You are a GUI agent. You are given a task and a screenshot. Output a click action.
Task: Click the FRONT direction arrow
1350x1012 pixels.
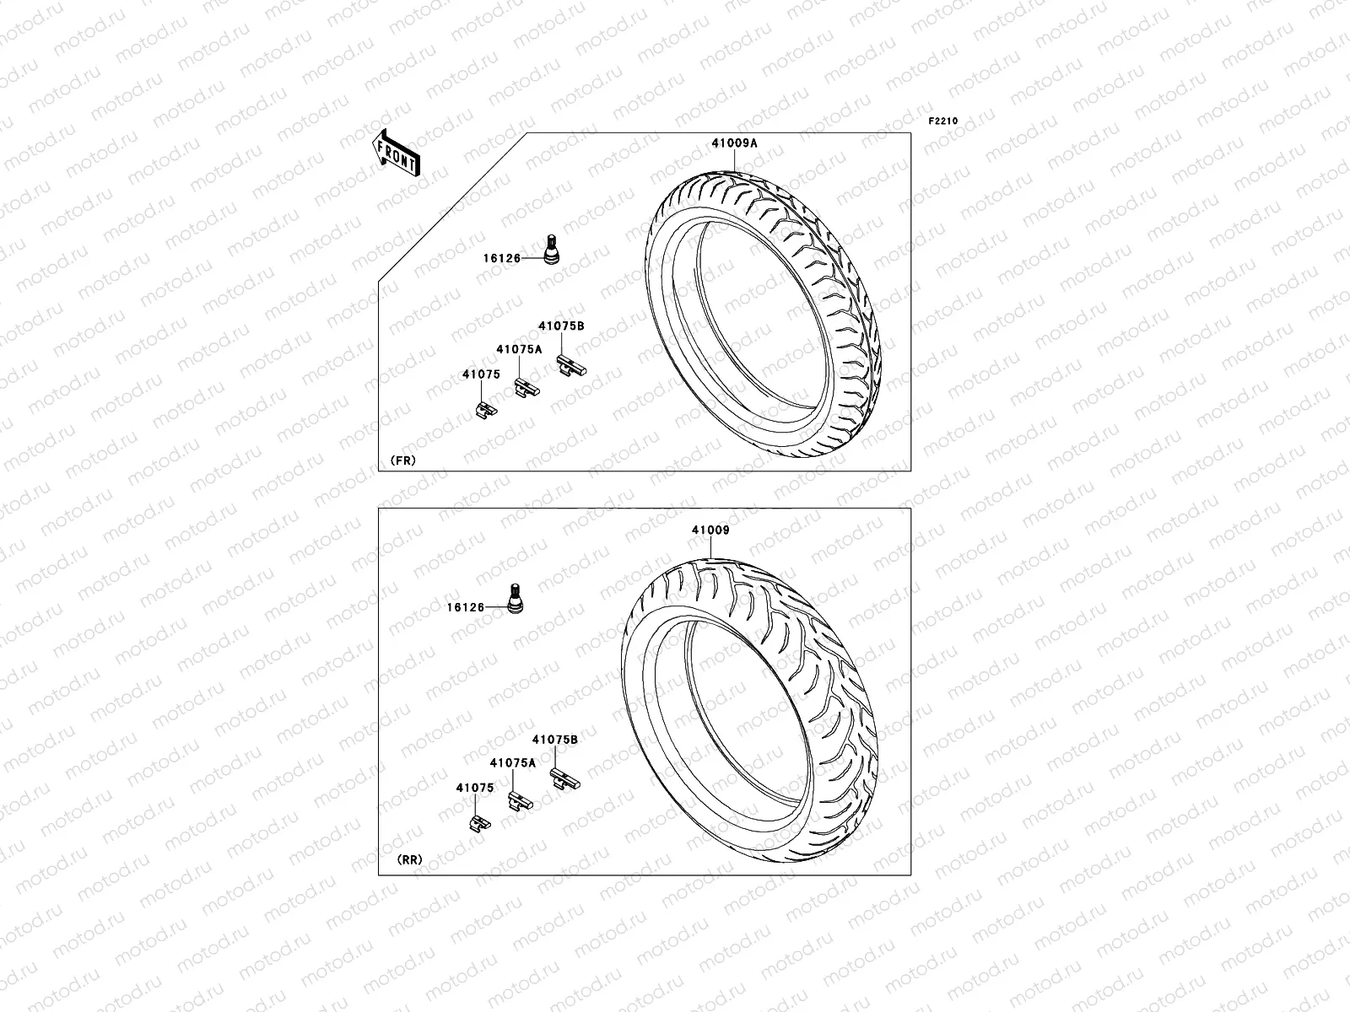[x=397, y=153]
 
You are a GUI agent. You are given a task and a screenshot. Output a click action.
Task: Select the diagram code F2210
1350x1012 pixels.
[x=943, y=121]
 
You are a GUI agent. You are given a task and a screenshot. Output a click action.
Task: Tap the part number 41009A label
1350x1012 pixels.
[x=734, y=143]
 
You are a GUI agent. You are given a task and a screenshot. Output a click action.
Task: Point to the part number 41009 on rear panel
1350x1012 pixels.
[x=710, y=530]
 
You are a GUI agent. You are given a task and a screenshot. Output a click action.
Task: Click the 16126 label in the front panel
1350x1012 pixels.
[x=502, y=258]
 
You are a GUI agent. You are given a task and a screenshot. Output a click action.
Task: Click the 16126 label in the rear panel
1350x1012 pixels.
[x=466, y=607]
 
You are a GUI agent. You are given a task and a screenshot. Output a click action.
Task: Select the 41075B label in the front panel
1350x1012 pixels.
[x=562, y=326]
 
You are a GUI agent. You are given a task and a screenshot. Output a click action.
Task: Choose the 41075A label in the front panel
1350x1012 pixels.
[x=519, y=349]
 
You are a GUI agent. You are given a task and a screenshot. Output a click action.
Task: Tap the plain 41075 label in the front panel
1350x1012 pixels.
[x=481, y=374]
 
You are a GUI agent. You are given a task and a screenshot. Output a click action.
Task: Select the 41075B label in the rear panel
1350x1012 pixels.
[x=555, y=739]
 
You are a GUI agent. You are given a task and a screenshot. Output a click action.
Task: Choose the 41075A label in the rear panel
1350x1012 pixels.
[x=513, y=762]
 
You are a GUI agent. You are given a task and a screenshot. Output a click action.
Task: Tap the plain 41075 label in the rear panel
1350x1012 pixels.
[x=475, y=788]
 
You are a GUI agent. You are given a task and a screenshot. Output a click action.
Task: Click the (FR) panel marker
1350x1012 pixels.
[x=402, y=460]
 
